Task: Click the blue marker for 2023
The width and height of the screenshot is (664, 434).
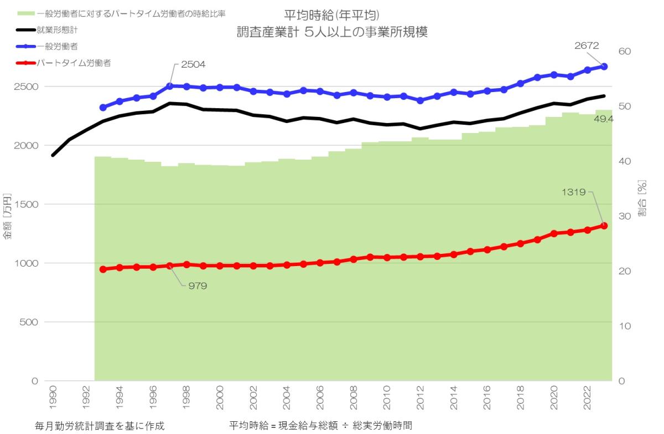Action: coord(604,67)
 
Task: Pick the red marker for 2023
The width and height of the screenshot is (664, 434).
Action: coord(604,226)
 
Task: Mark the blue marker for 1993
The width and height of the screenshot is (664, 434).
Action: coord(103,108)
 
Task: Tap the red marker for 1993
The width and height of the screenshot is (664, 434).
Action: coord(103,269)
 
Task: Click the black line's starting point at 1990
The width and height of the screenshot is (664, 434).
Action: coord(53,155)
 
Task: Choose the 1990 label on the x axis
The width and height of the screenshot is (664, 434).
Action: coord(53,396)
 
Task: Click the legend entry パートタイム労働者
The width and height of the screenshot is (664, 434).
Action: coord(74,63)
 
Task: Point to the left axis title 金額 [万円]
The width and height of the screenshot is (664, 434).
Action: coord(7,216)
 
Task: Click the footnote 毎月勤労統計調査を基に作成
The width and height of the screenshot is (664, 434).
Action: coord(100,426)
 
